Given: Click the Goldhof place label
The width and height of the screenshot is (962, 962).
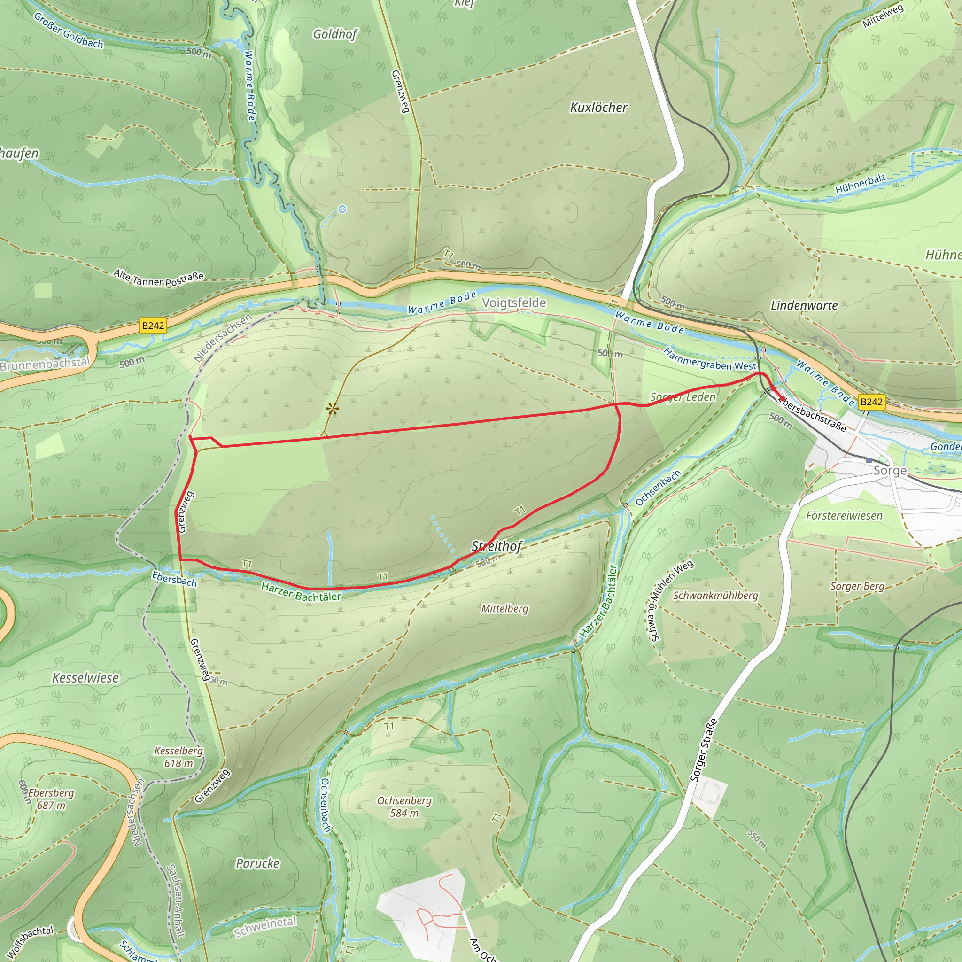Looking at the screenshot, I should click(335, 34).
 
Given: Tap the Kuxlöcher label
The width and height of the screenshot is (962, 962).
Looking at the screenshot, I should click(598, 107).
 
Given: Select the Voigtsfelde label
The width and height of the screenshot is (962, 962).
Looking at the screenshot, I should click(514, 303).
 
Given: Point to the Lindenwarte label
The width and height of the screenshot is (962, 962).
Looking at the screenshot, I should click(804, 305).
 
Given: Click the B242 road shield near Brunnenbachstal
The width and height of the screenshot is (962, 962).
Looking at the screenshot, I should click(153, 326).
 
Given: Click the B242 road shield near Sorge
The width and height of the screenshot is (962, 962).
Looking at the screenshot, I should click(871, 402).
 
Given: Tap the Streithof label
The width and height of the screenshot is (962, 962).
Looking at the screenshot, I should click(497, 546).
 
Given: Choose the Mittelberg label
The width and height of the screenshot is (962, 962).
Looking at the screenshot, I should click(504, 608).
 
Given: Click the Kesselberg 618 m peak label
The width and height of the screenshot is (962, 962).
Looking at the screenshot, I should click(178, 757).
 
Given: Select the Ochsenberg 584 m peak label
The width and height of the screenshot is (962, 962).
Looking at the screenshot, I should click(404, 807).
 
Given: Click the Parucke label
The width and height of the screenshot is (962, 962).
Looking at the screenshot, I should click(257, 863).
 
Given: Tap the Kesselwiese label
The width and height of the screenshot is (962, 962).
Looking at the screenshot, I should click(85, 678).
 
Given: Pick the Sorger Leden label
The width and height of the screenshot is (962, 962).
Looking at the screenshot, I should click(683, 397).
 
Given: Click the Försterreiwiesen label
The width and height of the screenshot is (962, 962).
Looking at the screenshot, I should click(844, 515).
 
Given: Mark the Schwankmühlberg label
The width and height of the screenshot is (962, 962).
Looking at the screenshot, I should click(715, 596).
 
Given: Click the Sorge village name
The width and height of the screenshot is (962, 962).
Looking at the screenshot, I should click(890, 471).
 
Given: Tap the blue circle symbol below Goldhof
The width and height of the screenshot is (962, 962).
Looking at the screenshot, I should click(342, 209).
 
